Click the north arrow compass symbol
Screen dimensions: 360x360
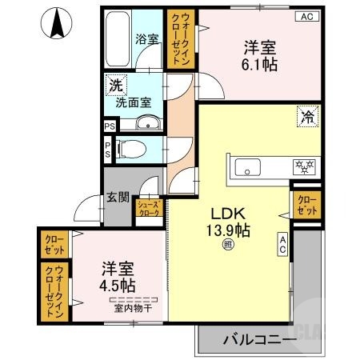(57, 23)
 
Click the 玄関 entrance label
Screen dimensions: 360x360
(118, 197)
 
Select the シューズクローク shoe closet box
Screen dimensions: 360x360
(150, 209)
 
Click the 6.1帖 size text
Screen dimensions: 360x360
(260, 66)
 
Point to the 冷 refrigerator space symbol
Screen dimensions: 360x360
(306, 115)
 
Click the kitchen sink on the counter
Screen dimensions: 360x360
(248, 167)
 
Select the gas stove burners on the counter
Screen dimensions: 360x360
(305, 167)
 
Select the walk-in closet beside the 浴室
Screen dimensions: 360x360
(178, 39)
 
